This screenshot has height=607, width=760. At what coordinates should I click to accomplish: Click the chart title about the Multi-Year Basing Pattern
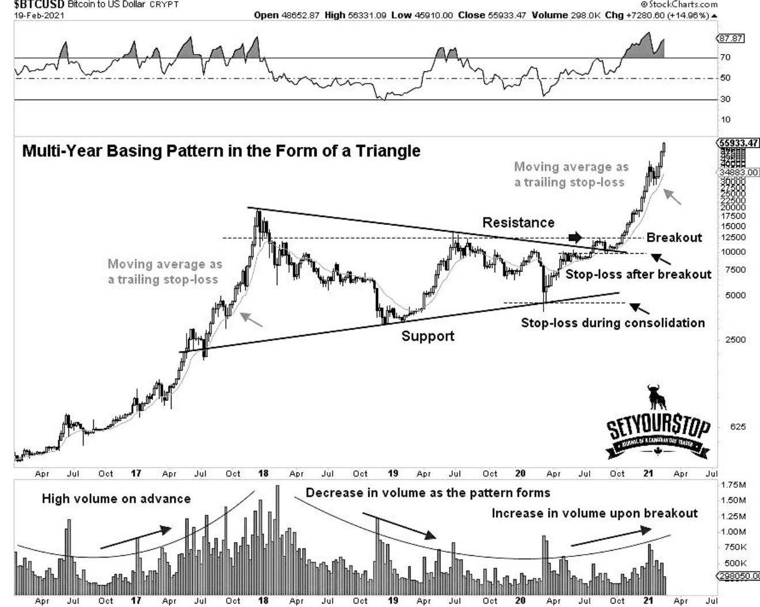click(x=221, y=151)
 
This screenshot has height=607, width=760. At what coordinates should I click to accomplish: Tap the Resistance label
click(x=518, y=223)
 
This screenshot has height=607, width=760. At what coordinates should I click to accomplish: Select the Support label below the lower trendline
click(x=428, y=336)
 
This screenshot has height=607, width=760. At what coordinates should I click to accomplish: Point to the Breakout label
click(x=674, y=238)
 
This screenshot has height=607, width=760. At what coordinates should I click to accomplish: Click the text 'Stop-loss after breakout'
click(x=638, y=274)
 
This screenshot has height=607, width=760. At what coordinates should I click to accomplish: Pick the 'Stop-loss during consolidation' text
click(x=613, y=323)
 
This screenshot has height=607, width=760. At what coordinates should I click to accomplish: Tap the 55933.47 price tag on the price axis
click(x=739, y=143)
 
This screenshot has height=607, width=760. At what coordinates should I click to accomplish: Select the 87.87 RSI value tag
click(x=731, y=39)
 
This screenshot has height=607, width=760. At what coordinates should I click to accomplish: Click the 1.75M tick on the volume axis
click(x=733, y=484)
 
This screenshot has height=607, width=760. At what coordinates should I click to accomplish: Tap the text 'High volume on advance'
click(x=116, y=499)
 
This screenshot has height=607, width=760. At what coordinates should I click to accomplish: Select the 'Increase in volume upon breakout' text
click(x=594, y=513)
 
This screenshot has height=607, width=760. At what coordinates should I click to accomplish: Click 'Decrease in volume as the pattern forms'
click(x=428, y=493)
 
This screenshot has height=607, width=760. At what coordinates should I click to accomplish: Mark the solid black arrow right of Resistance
click(x=575, y=237)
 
